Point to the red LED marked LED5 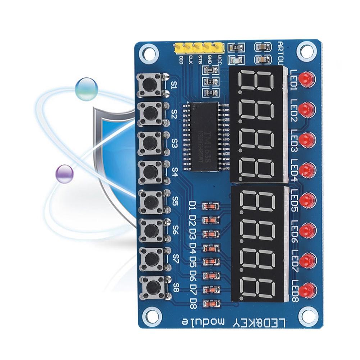click(306, 200)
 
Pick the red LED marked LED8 click(306, 289)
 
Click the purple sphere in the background click(65, 173)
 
